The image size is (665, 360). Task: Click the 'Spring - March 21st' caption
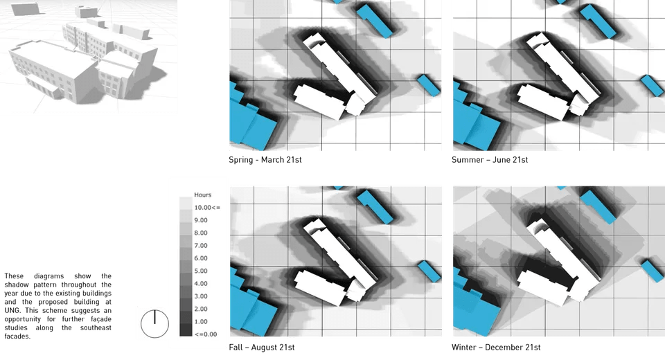point(265,159)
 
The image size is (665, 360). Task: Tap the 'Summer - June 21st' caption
point(490,159)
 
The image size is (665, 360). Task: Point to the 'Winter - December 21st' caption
point(495,346)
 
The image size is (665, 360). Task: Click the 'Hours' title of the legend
point(202,195)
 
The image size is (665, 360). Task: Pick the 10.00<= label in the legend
point(206,207)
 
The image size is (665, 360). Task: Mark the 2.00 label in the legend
point(200,309)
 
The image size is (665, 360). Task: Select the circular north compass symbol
point(154,323)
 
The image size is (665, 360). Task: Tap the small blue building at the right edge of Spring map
point(429,84)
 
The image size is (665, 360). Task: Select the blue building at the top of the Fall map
point(378,206)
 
